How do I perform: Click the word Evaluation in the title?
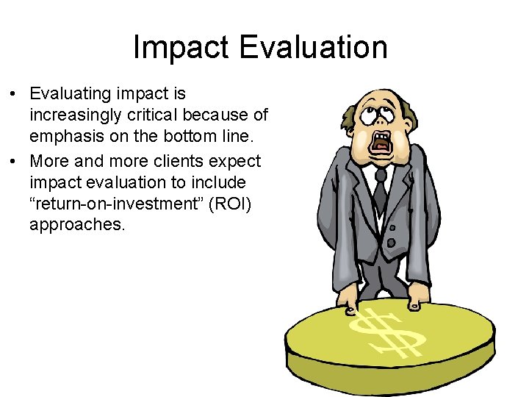pos(313,48)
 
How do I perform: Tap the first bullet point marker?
pos(15,95)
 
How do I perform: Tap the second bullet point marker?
pos(15,161)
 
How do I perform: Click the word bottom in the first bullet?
pos(193,137)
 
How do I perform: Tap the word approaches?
pos(77,225)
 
